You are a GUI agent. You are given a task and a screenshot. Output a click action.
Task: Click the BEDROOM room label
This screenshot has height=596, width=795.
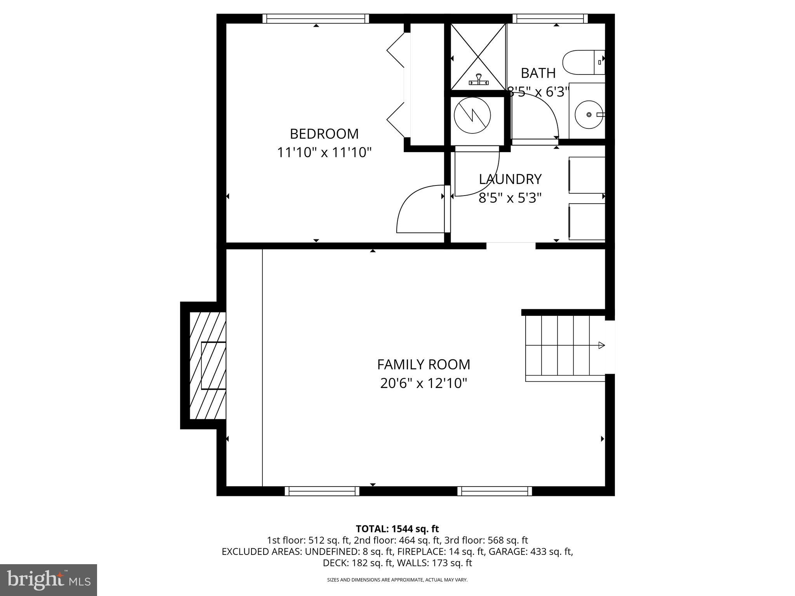324,134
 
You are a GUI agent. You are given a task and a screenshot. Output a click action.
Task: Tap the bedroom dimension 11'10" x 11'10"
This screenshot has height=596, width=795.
324,152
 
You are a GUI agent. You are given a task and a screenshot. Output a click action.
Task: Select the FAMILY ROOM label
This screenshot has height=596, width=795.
424,365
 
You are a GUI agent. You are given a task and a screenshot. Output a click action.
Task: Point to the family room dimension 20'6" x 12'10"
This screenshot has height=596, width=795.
424,384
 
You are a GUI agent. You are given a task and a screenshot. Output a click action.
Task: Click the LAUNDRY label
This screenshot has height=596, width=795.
510,179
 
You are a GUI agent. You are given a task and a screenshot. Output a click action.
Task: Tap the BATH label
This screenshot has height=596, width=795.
538,73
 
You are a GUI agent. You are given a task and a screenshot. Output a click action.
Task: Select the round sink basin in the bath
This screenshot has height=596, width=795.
589,114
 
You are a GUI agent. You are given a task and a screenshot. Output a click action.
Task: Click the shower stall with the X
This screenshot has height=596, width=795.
478,56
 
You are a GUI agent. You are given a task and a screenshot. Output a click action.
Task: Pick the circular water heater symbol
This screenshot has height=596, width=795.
472,115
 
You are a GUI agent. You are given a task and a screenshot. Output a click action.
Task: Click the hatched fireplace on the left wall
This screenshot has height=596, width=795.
208,366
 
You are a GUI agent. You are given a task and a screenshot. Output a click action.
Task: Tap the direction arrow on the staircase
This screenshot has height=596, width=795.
601,345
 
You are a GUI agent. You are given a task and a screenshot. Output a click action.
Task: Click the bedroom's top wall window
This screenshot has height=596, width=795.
316,19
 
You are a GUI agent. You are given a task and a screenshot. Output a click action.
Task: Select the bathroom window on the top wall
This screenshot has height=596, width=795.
550,19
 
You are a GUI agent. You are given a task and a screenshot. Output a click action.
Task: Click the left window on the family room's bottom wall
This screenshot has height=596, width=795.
322,491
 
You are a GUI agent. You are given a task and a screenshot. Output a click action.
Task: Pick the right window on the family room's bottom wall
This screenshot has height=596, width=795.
495,491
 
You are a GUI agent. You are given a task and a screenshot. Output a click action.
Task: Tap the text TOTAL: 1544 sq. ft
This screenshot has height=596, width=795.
397,529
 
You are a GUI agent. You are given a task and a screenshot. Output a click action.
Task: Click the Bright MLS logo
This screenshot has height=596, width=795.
49,580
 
